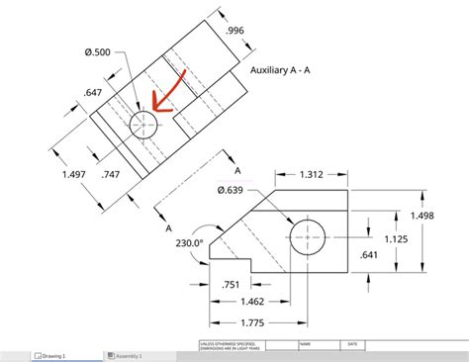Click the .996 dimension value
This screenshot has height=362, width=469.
[234, 31]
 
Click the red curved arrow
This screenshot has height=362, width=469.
[163, 97]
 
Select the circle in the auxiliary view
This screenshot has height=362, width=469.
[143, 124]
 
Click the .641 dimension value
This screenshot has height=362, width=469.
[369, 254]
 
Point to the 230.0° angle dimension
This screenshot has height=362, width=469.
[189, 240]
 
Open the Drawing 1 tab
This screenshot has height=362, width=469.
[49, 355]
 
